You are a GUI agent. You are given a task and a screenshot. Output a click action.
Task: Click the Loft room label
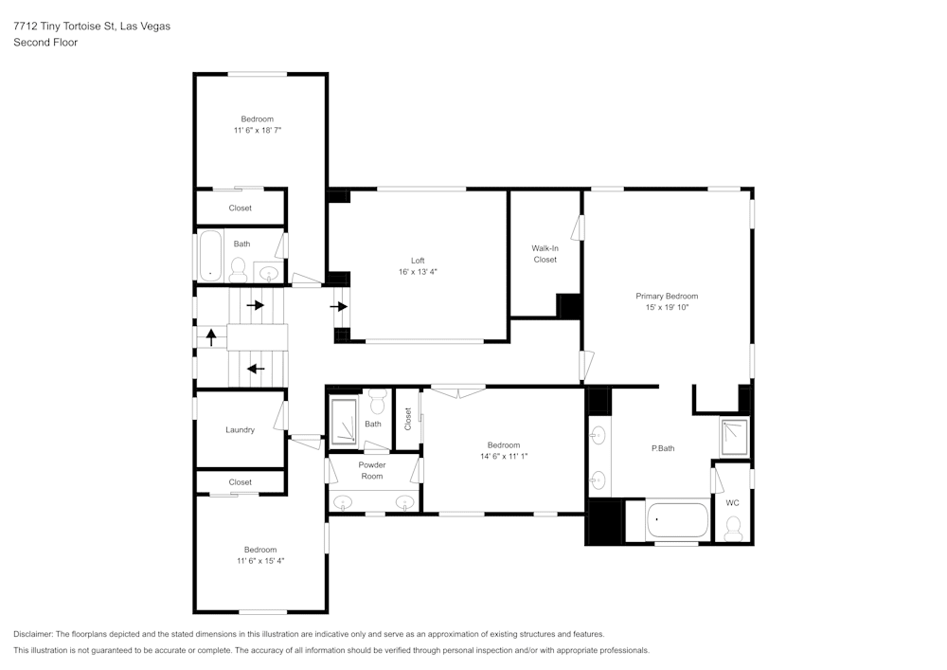418,261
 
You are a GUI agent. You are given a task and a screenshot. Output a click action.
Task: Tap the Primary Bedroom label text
667,296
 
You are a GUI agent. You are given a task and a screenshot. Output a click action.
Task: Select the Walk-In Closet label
545,254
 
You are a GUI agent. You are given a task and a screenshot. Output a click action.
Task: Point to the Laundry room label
240,429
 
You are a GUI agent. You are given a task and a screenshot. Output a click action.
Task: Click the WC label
732,502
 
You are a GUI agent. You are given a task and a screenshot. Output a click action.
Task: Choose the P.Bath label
663,448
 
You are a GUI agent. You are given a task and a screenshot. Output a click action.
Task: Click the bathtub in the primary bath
677,521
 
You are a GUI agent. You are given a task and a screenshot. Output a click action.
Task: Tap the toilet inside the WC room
733,530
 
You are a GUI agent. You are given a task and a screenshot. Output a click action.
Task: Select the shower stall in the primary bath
734,437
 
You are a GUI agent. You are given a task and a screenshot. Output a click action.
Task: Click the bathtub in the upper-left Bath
209,257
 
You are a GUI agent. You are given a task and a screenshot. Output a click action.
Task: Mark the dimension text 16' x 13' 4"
418,272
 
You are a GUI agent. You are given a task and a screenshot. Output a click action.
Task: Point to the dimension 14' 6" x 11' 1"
504,456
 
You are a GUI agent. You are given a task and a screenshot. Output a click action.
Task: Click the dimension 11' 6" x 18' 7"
258,130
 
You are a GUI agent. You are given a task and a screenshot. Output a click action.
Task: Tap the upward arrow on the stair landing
211,336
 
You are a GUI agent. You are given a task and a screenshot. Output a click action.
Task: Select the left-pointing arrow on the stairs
255,369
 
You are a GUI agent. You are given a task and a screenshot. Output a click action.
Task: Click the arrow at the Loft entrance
338,306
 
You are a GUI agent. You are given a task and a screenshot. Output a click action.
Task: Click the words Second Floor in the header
45,43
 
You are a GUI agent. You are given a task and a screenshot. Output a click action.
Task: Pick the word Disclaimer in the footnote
33,634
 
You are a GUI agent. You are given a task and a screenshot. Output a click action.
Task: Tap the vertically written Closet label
408,417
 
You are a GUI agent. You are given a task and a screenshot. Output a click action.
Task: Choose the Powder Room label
372,470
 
